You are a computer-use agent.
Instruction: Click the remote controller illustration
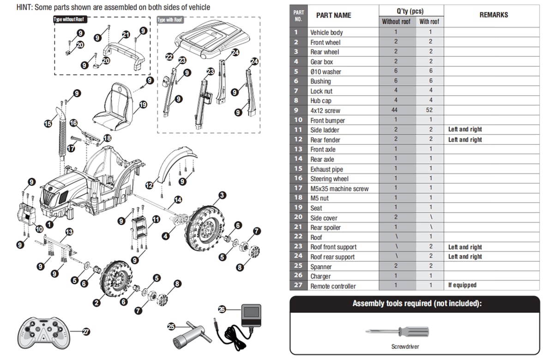click(44, 333)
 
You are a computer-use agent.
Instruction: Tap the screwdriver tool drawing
click(397, 331)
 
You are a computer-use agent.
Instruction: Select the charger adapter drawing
click(237, 327)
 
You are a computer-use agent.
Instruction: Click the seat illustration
click(113, 107)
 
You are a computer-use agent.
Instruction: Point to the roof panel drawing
click(212, 39)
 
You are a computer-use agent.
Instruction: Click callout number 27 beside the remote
click(86, 331)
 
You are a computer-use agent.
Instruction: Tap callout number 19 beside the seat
click(143, 105)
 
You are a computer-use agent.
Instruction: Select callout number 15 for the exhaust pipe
click(48, 123)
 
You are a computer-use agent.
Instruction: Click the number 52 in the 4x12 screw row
click(429, 110)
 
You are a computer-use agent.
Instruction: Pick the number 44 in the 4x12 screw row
click(394, 110)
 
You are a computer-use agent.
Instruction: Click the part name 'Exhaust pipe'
click(326, 169)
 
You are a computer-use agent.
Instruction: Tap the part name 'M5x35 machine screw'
click(339, 189)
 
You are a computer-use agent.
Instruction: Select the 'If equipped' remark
click(462, 285)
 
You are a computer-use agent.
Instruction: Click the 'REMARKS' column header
click(494, 15)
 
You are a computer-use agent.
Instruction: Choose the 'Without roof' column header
click(396, 22)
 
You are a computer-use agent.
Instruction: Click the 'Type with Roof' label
click(170, 20)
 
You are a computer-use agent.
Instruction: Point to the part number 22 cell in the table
click(298, 237)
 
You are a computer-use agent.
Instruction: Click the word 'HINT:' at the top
click(24, 7)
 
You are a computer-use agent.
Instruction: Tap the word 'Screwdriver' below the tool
click(405, 347)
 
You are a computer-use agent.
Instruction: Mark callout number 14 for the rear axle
click(178, 200)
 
